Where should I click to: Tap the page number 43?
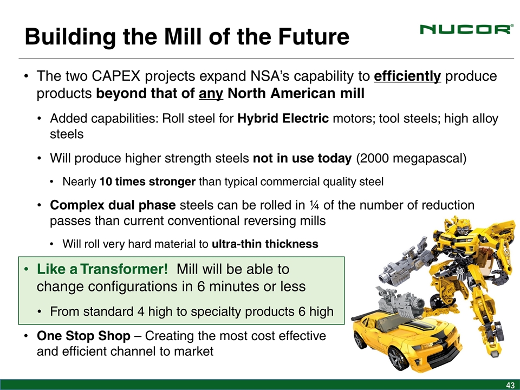(510, 385)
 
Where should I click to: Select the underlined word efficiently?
(407, 76)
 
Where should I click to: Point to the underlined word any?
(211, 94)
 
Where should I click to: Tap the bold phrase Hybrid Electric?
(283, 119)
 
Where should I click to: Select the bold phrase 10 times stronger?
(147, 182)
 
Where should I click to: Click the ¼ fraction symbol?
(314, 205)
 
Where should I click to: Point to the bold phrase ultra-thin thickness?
(265, 244)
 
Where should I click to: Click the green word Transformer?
(124, 269)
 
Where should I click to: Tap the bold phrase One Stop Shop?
(83, 336)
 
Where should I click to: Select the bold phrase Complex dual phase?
(113, 205)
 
